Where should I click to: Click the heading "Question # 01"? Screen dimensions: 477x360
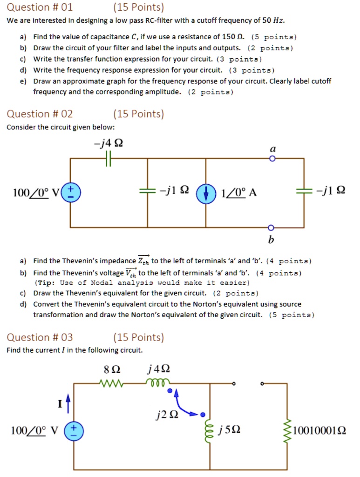click(x=40, y=7)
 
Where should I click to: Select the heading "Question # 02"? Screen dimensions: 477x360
click(x=40, y=114)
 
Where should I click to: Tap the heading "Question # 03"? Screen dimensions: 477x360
click(x=40, y=337)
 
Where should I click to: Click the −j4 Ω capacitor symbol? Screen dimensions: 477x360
click(x=109, y=159)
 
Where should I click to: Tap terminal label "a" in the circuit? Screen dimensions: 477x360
click(x=273, y=149)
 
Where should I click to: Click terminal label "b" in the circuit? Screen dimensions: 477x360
click(x=272, y=240)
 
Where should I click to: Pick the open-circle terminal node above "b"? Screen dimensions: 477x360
click(x=272, y=228)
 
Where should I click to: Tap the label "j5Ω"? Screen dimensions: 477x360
click(x=231, y=429)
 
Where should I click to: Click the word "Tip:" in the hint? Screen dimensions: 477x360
click(x=47, y=283)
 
